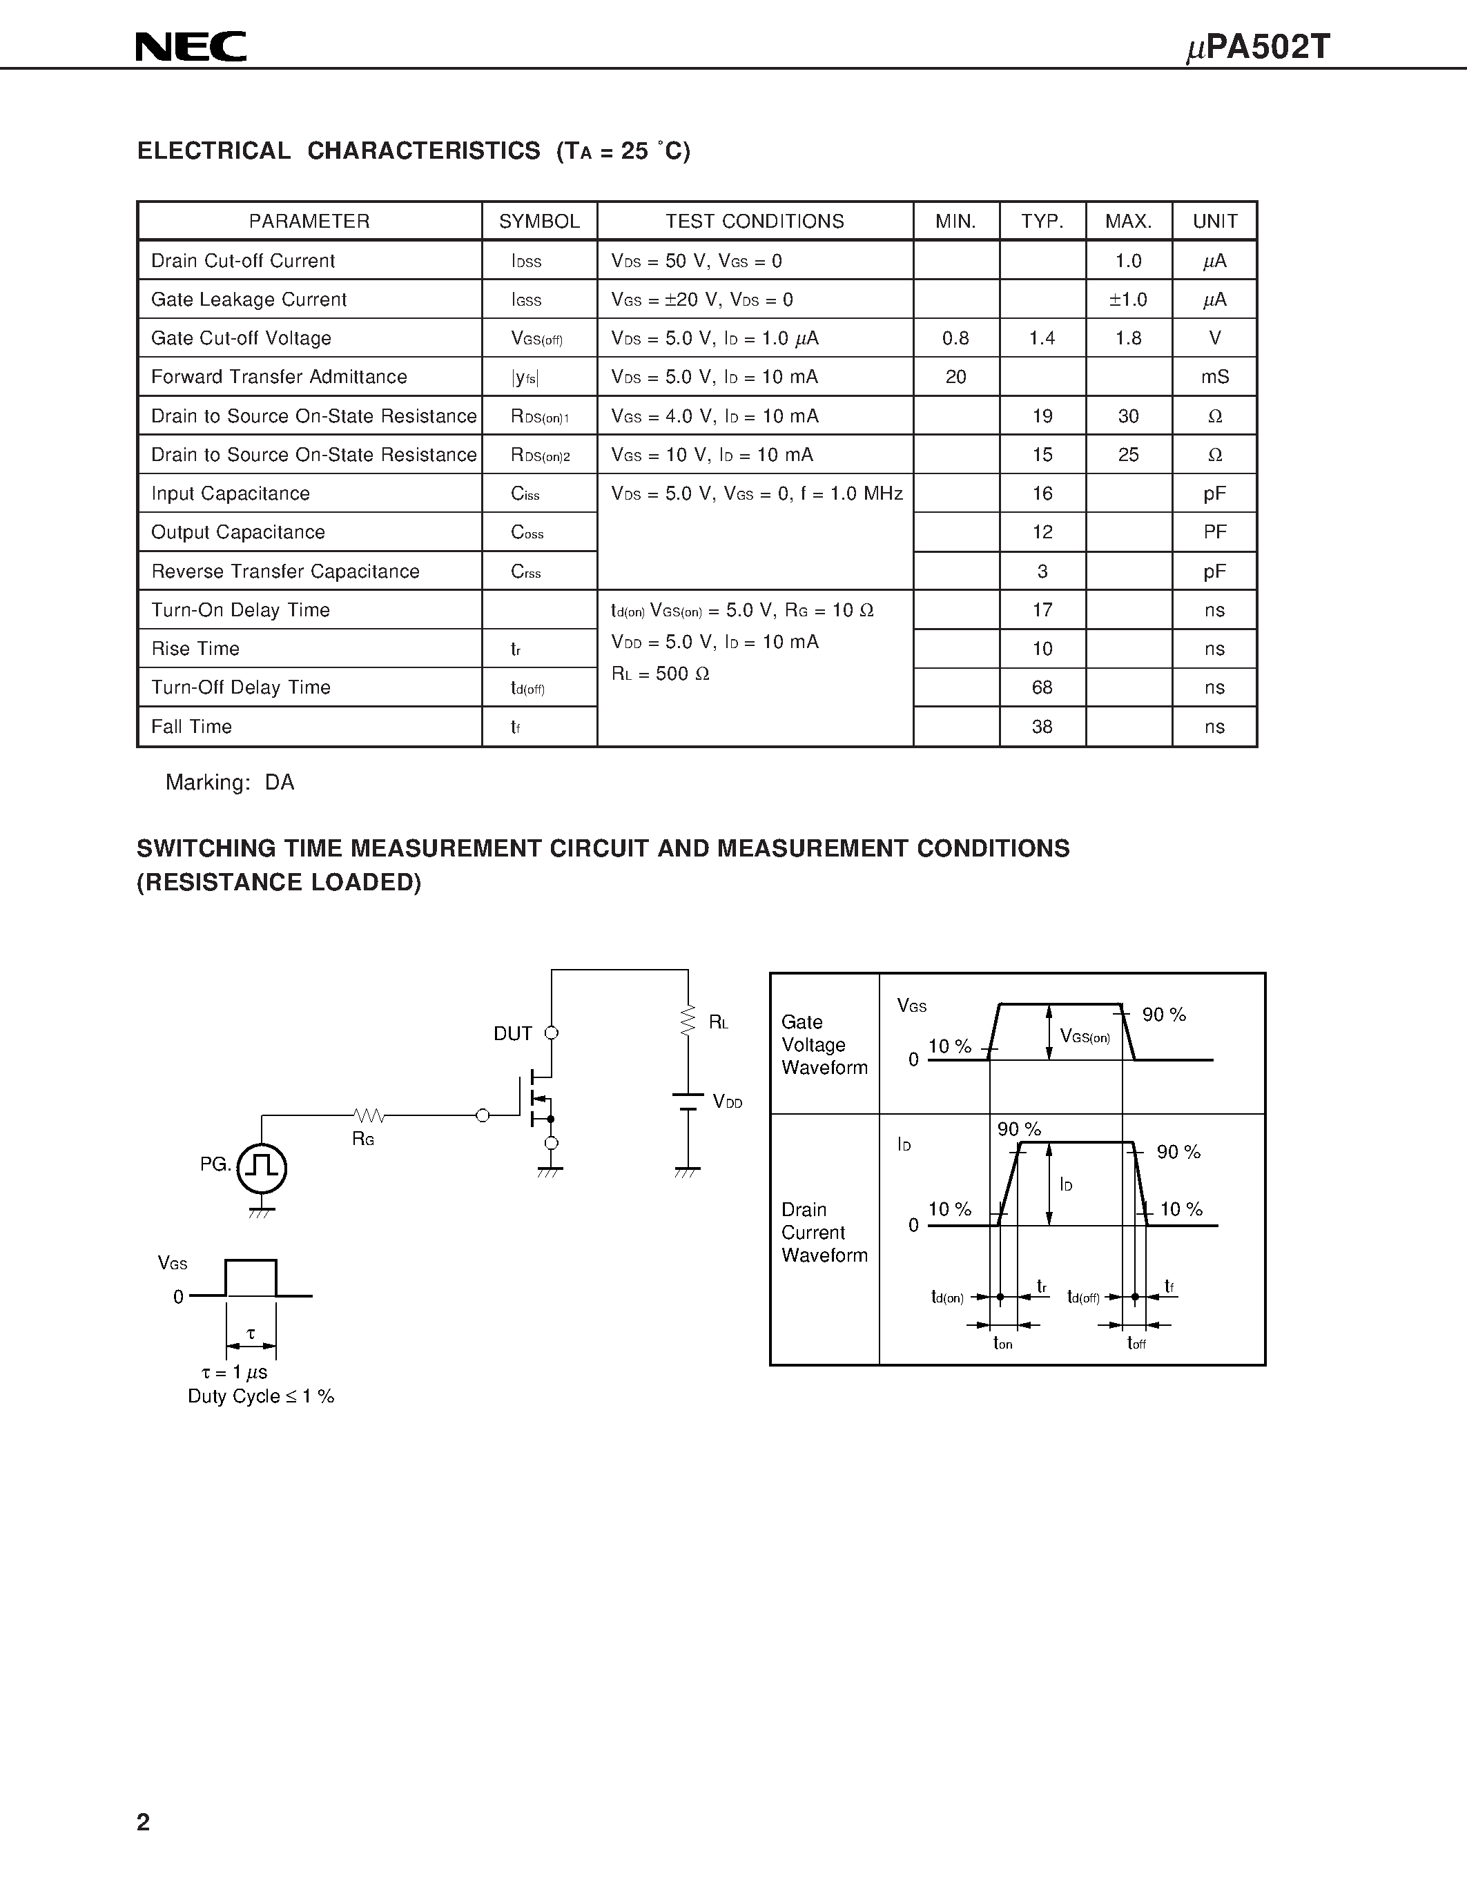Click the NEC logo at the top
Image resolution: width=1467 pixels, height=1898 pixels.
pos(191,46)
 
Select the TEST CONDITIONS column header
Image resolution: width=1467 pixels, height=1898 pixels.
pos(755,222)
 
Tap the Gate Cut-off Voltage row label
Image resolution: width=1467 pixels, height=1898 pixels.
pos(241,338)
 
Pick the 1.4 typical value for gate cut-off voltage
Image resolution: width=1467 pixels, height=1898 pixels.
pos(1041,338)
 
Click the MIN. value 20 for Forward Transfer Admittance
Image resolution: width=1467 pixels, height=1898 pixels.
pos(955,377)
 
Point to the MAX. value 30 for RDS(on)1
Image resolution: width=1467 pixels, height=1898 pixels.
pos(1127,416)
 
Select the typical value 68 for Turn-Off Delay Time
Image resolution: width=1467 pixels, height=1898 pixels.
pos(1041,687)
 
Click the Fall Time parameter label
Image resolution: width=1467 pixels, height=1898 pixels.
pos(191,727)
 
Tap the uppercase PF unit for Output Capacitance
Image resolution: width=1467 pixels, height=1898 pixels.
pos(1214,532)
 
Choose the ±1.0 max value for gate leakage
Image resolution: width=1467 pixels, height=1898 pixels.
pos(1127,300)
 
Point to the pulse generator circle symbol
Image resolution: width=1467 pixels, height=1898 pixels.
pos(262,1167)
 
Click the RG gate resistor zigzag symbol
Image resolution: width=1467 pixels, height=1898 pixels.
pos(369,1115)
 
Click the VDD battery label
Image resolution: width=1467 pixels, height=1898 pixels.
pos(728,1102)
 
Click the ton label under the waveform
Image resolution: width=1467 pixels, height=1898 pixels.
pos(1003,1344)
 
